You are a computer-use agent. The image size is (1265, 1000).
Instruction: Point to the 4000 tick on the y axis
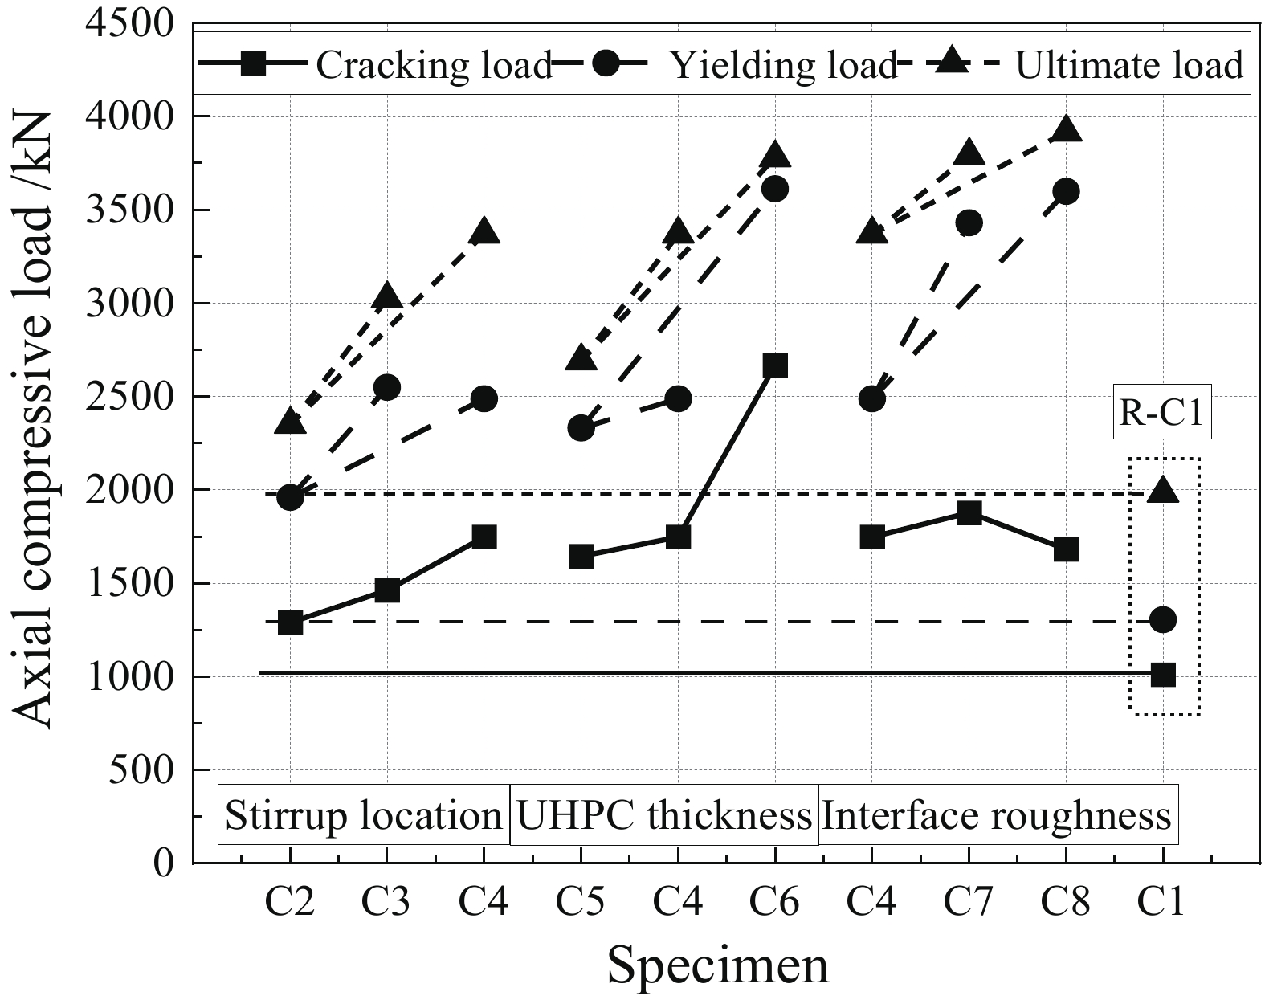click(137, 117)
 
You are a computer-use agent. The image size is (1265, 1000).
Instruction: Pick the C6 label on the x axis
click(775, 903)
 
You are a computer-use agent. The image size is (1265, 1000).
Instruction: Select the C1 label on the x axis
click(1162, 903)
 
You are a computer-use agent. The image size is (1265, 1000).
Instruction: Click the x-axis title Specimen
click(717, 965)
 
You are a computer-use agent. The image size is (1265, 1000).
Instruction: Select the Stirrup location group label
click(364, 816)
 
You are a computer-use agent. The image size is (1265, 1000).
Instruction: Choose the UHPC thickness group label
click(664, 816)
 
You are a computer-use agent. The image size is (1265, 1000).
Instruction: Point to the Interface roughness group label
click(997, 816)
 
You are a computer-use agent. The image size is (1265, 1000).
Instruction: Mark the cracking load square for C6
click(775, 365)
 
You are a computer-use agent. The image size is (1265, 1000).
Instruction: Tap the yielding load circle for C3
click(387, 388)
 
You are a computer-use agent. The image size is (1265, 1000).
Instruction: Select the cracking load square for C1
click(1163, 675)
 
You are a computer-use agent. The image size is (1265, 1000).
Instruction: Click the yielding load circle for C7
click(969, 223)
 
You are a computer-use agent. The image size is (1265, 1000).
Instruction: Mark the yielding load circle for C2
click(290, 497)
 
